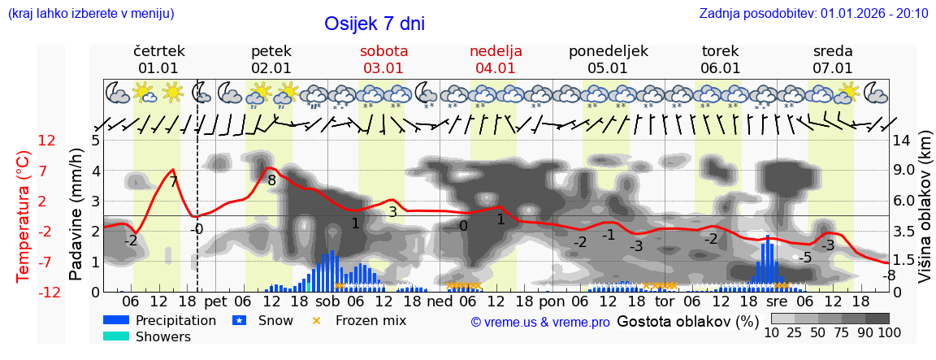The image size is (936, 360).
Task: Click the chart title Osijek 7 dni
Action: pos(375,24)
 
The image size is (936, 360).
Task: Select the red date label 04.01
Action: pos(496,68)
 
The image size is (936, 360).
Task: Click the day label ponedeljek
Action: pos(609,51)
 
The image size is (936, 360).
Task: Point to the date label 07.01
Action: pos(833,68)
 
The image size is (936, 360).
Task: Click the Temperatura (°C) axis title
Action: pos(24,216)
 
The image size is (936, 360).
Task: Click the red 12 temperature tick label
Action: pos(47,141)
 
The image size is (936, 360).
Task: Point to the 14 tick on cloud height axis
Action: pos(902,141)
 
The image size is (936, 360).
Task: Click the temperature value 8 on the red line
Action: pos(271,180)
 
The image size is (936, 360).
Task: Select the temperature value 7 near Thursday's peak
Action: pos(173,182)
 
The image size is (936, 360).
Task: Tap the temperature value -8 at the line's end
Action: pos(890,275)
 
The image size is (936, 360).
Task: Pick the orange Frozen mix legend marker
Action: pos(317,320)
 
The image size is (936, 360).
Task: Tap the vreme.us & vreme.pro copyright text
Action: pos(540,322)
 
